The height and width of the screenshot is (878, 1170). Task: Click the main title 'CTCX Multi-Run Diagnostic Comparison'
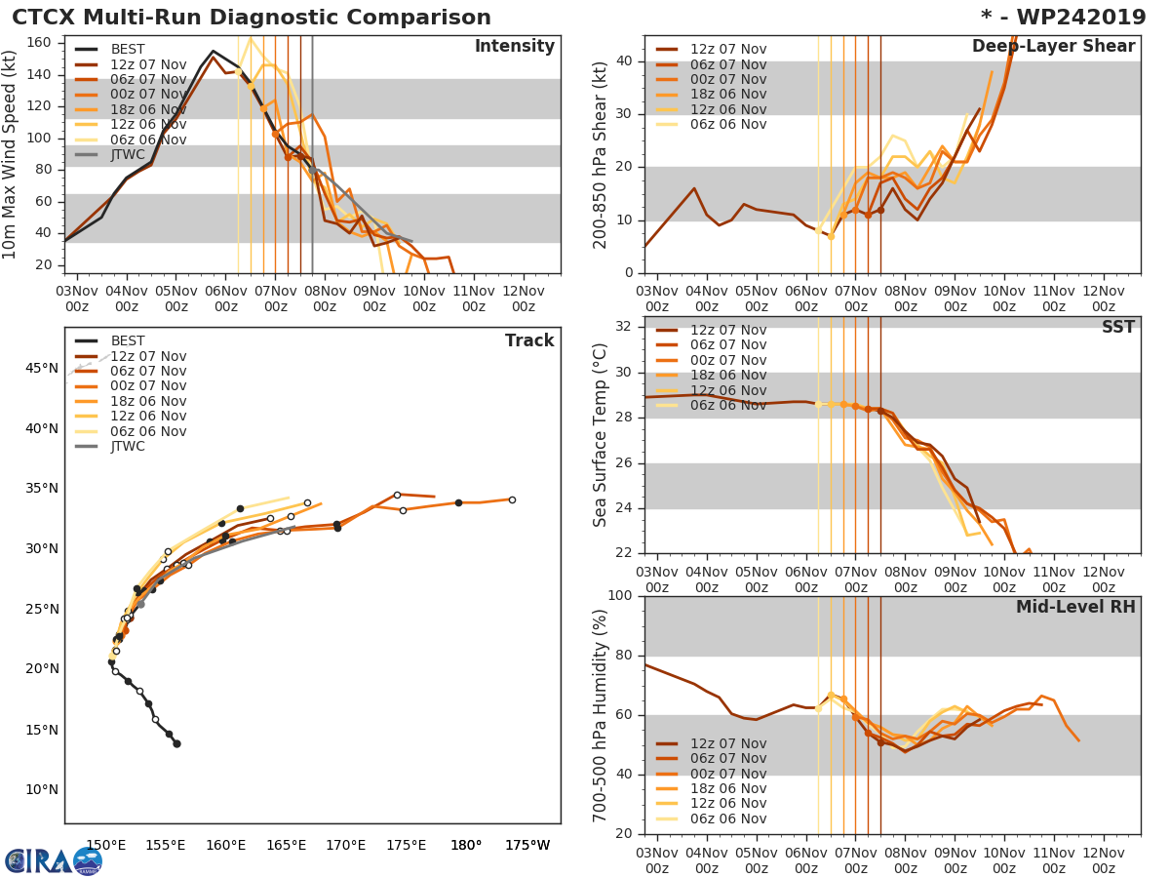pos(252,18)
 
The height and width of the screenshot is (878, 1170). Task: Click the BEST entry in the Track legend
pos(127,341)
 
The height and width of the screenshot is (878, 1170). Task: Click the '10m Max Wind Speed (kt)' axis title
pos(11,156)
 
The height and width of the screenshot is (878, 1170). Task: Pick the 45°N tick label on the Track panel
pos(42,368)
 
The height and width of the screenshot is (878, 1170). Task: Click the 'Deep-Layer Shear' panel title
pos(1053,47)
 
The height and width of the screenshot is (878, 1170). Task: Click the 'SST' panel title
pos(1117,327)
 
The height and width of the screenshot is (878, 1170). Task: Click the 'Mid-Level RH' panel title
pos(1075,607)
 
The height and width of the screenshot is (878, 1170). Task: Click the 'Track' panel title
pos(528,340)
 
